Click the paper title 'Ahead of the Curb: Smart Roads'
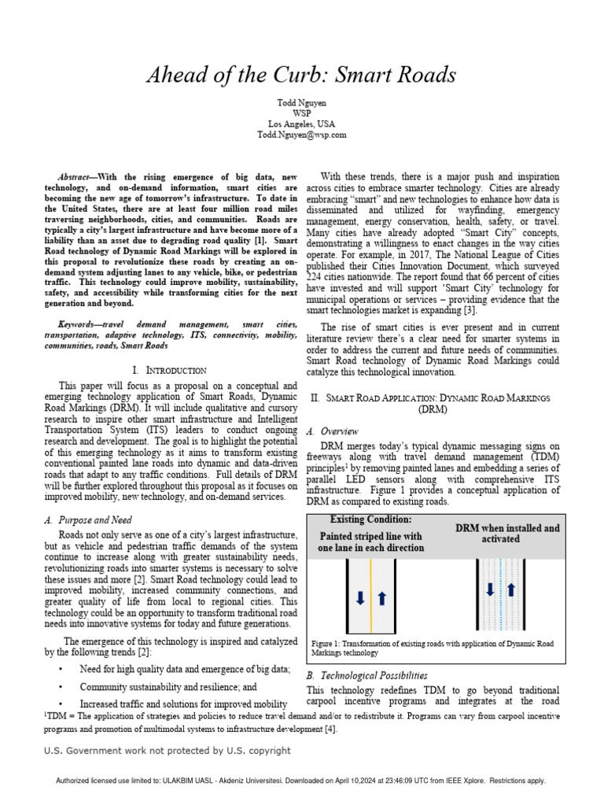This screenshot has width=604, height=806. point(301,75)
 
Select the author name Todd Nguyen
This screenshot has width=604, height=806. point(301,102)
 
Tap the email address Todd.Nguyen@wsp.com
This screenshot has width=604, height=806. point(301,135)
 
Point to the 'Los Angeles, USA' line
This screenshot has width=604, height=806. point(301,124)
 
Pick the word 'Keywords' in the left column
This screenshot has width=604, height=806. point(82,324)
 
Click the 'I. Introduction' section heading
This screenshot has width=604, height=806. point(169,369)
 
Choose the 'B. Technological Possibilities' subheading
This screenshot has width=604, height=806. point(366,675)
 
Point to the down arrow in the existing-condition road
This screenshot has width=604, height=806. point(359,598)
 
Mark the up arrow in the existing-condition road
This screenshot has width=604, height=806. point(382,598)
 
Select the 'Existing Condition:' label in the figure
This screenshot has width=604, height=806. point(370,520)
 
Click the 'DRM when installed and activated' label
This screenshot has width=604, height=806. point(507,534)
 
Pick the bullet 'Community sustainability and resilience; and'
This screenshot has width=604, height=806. point(168,686)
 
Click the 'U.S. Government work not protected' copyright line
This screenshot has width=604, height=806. point(167,750)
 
